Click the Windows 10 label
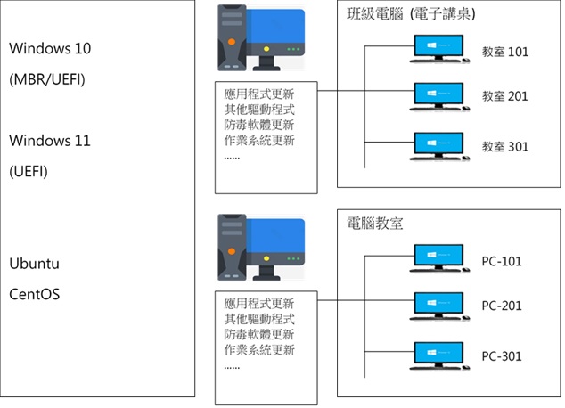pos(50,48)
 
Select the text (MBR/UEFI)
pos(46,78)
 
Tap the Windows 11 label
pos(50,141)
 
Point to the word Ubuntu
pos(34,265)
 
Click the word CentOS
pos(34,292)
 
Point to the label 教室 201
pos(505,96)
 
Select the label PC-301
pos(502,356)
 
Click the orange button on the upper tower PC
pos(233,41)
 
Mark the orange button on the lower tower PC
pos(233,250)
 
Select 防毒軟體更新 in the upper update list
pos(260,125)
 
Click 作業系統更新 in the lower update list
pos(260,349)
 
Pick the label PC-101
pos(502,262)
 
